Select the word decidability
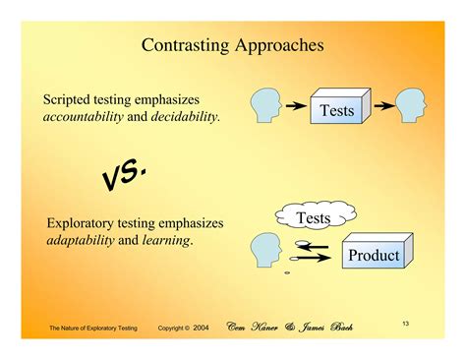click(184, 118)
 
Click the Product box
click(374, 255)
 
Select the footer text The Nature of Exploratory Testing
click(94, 327)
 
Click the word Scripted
click(67, 100)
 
